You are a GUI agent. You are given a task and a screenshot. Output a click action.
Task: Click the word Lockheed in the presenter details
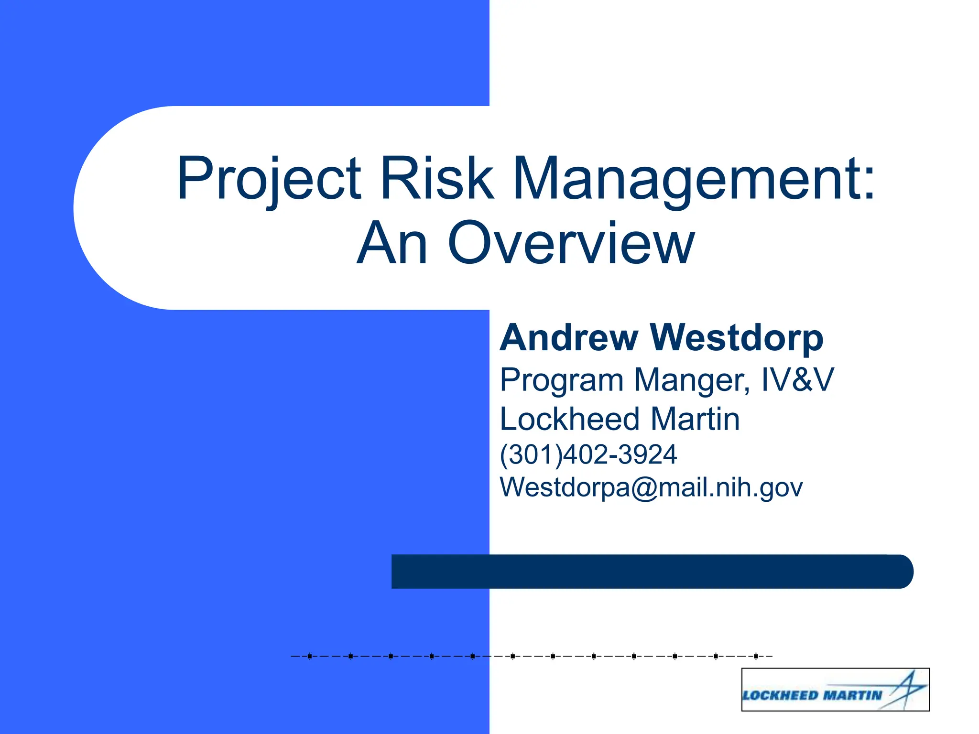point(569,419)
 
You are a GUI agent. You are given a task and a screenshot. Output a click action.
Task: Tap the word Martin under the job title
point(695,419)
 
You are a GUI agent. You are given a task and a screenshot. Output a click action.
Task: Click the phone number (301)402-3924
point(588,454)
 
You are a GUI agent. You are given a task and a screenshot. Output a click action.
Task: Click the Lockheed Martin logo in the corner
point(835,690)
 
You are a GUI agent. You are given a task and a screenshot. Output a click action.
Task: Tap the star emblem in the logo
point(905,688)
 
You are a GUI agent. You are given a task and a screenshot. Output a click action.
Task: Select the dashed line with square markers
point(531,656)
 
